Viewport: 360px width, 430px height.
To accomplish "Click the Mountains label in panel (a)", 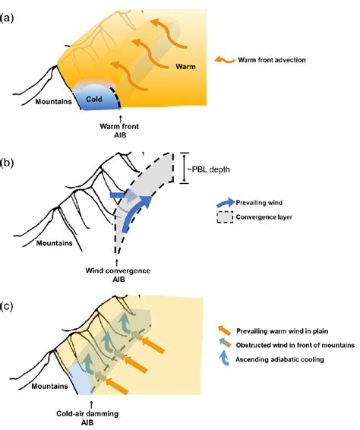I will point(47,99).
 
